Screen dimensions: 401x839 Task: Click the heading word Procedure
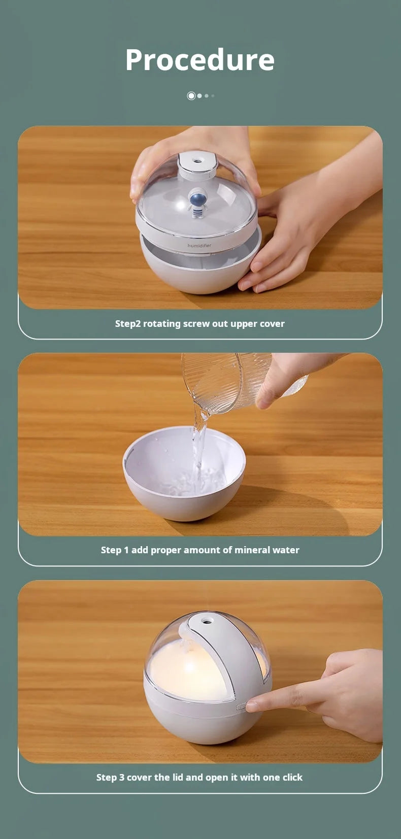point(200,60)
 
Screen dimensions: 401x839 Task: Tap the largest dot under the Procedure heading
point(191,96)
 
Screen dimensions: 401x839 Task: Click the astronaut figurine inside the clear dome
point(197,202)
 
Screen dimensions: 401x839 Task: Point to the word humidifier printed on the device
point(199,246)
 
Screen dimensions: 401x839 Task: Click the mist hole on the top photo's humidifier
point(196,161)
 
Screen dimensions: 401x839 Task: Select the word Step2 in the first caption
point(128,324)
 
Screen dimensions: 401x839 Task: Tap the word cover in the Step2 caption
point(272,324)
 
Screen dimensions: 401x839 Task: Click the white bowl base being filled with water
point(184,474)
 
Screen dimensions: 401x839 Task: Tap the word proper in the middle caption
point(165,550)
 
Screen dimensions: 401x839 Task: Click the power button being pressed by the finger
point(241,707)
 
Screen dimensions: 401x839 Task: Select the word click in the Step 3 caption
point(292,777)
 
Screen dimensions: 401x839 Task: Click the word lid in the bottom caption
point(178,777)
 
